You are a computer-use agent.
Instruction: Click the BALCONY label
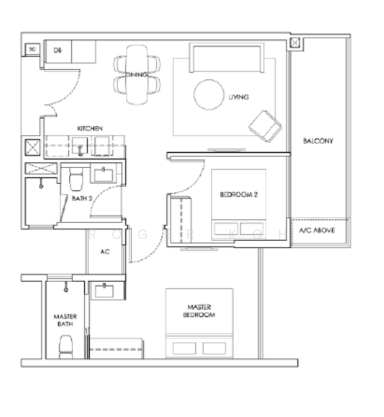pos(318,141)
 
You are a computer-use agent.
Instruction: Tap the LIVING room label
pos(239,97)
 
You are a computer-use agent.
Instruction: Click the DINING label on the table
pos(136,75)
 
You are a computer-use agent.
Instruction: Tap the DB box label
pos(57,50)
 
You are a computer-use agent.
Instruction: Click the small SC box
pos(32,50)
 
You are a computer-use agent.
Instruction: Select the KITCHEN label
pos(90,129)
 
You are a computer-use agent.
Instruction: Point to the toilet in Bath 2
pos(77,181)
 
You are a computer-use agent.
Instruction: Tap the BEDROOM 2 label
pos(239,195)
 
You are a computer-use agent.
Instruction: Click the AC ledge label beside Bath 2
pos(106,252)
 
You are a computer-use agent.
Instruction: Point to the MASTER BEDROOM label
pos(200,311)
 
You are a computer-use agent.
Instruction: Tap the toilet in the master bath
pos(67,344)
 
